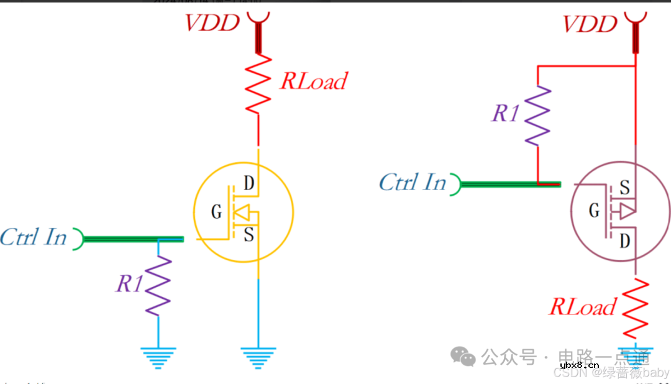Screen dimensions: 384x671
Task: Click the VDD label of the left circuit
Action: (212, 23)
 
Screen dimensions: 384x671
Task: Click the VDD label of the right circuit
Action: (590, 24)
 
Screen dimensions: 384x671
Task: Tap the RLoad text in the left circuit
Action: (313, 81)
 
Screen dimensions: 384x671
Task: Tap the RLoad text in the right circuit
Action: (582, 307)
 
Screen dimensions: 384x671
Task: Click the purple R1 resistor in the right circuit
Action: (537, 115)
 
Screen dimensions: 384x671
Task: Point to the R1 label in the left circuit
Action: (130, 284)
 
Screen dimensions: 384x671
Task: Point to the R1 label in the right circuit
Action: (505, 113)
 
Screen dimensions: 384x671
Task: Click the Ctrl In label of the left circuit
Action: (34, 237)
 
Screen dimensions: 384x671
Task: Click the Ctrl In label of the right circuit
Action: (413, 182)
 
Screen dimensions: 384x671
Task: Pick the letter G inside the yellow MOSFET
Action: (216, 213)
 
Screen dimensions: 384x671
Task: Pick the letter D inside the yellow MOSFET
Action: (249, 183)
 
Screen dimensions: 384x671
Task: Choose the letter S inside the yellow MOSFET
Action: (249, 235)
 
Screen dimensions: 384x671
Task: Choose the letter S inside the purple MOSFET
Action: (625, 188)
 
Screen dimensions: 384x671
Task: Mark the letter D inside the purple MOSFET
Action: (625, 240)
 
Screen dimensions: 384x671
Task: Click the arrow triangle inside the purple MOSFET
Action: (627, 211)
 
